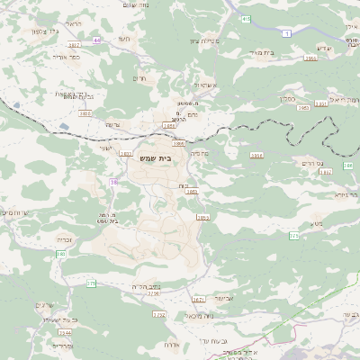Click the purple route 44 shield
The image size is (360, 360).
(96, 40)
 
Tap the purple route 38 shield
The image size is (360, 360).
(114, 182)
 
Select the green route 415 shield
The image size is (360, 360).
(91, 284)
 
